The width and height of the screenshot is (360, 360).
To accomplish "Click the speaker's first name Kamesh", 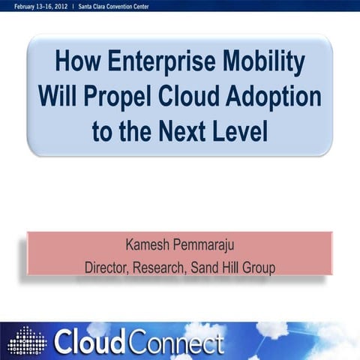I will pyautogui.click(x=149, y=244).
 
